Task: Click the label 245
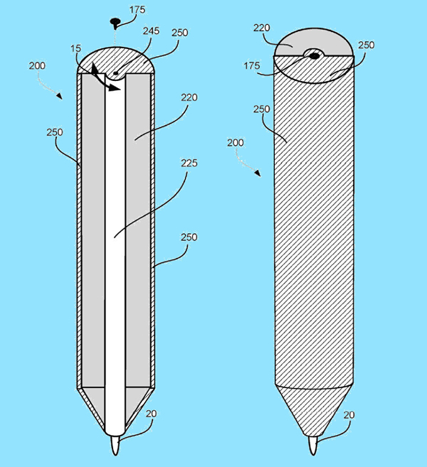click(x=151, y=31)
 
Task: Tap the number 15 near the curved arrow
click(x=75, y=48)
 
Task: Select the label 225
click(x=189, y=163)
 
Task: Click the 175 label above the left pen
click(x=137, y=10)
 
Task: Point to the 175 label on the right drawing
click(x=252, y=65)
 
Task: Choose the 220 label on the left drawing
click(x=189, y=97)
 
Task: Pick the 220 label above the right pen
click(x=262, y=28)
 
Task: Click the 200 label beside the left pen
click(x=37, y=65)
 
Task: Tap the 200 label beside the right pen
click(x=236, y=143)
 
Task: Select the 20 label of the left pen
click(x=151, y=414)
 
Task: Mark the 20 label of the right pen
click(x=349, y=415)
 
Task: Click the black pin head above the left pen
click(x=115, y=21)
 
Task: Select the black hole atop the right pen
click(x=315, y=55)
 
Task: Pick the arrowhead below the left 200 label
click(x=59, y=96)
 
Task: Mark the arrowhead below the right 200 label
click(x=258, y=173)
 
